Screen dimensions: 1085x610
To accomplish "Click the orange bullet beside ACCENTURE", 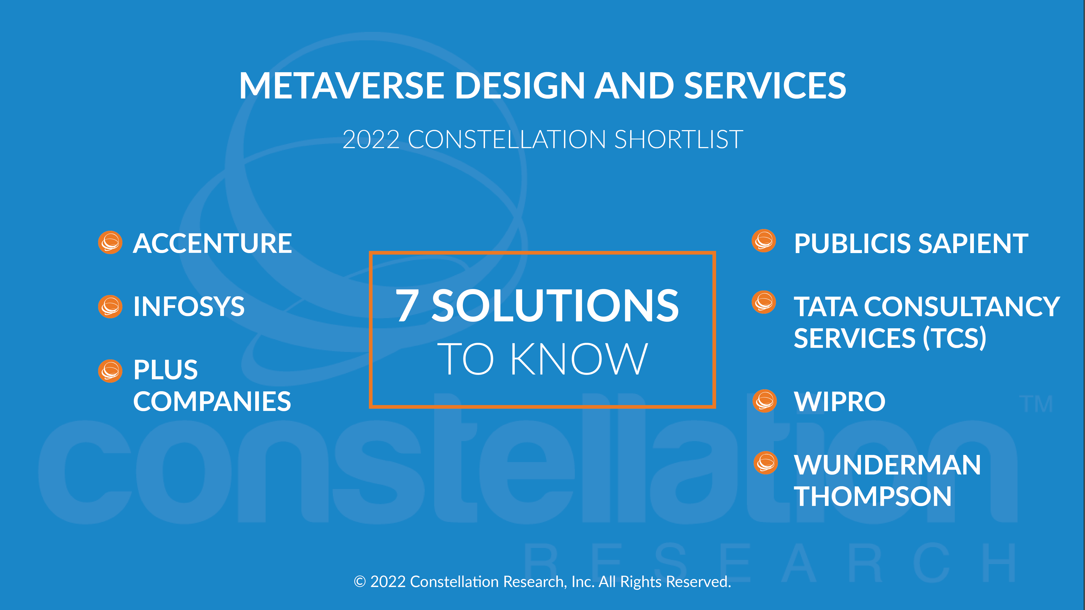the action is coord(110,242).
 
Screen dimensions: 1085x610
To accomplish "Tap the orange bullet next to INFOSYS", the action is coord(110,306).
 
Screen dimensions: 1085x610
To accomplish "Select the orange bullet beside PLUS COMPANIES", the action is coord(110,371).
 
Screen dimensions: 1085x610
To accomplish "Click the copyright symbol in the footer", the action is coord(360,582).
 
